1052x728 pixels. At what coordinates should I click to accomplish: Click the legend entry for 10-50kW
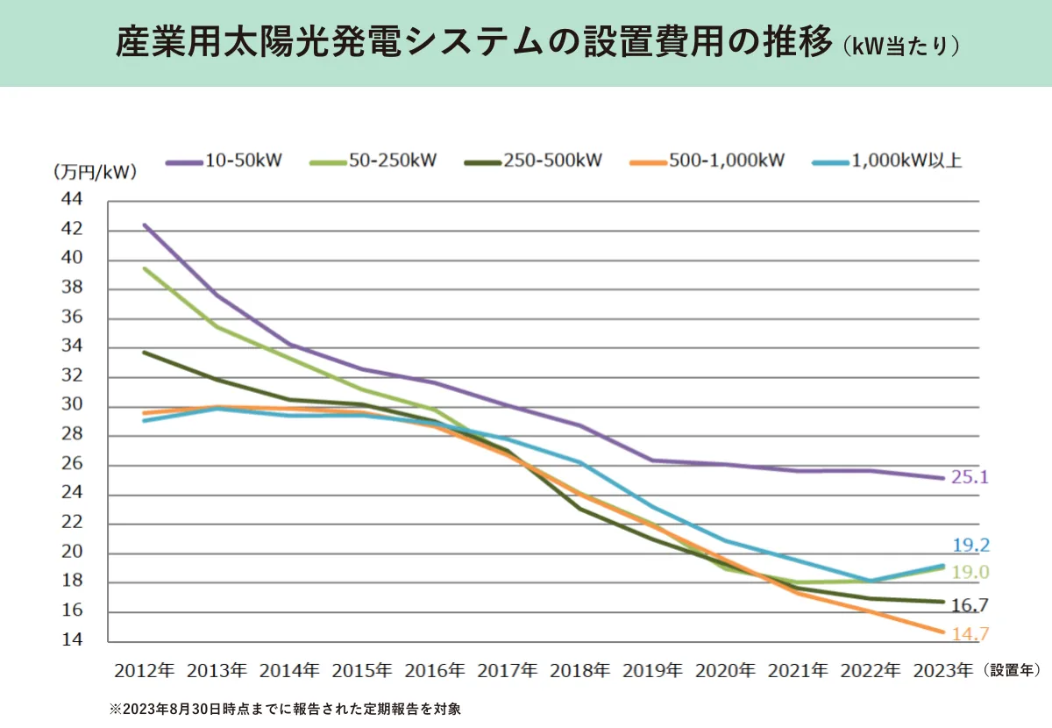click(x=231, y=161)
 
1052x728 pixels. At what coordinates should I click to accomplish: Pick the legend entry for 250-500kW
click(x=536, y=161)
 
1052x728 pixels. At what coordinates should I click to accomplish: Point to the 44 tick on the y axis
click(x=72, y=201)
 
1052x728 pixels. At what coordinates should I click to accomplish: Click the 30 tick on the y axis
click(x=72, y=405)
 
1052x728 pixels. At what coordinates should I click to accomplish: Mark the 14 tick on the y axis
click(x=72, y=640)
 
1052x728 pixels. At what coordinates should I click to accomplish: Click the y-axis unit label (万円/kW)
click(x=96, y=172)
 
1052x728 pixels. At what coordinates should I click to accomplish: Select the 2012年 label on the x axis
click(x=145, y=671)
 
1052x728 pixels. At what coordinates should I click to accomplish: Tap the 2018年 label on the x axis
click(x=579, y=671)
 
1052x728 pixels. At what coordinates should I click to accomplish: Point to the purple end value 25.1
click(x=970, y=478)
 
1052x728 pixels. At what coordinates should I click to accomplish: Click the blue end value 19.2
click(x=970, y=546)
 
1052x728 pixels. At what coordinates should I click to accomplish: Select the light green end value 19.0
click(x=970, y=573)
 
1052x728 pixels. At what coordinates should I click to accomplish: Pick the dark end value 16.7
click(x=970, y=605)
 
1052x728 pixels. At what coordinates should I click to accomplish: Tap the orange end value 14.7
click(x=970, y=634)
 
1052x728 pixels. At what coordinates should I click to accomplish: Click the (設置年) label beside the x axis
click(x=1012, y=671)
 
